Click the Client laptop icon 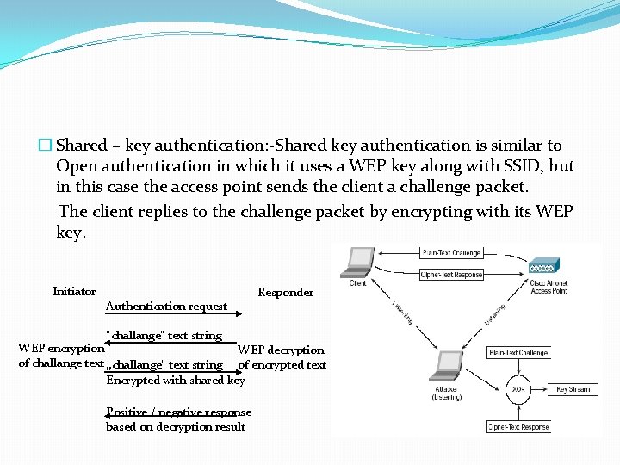coord(358,263)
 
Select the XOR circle coord(518,389)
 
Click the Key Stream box coord(573,389)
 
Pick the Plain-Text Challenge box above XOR coord(518,352)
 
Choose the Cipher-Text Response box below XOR coord(518,426)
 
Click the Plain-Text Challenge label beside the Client coord(451,253)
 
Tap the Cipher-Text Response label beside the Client coord(451,275)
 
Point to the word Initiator coord(74,292)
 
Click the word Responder coord(286,293)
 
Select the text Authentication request coord(166,306)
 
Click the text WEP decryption coord(281,350)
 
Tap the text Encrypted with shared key coord(176,380)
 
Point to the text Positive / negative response coord(178,412)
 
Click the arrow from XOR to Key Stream coord(542,389)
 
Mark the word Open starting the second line coord(77,166)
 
